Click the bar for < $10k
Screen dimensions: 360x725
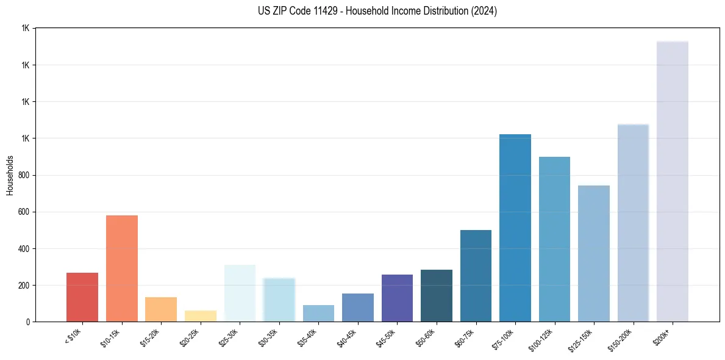(x=82, y=297)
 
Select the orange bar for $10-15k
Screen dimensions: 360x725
(x=121, y=268)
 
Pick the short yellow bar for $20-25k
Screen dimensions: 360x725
(x=201, y=316)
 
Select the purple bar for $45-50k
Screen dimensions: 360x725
(x=397, y=298)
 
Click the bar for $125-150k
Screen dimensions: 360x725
(x=593, y=253)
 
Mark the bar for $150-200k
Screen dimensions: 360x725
(x=633, y=223)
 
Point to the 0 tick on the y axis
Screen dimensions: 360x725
(x=28, y=322)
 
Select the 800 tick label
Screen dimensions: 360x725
(x=24, y=175)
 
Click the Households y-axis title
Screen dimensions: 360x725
(x=10, y=175)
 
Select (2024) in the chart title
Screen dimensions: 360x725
(x=484, y=10)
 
